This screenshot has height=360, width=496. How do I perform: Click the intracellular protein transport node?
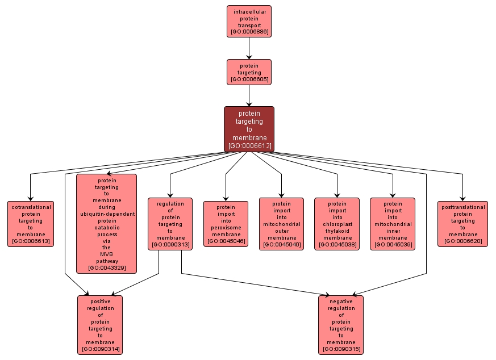pos(249,21)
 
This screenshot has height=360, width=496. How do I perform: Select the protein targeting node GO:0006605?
pos(249,72)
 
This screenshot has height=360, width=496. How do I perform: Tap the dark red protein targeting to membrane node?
pos(249,129)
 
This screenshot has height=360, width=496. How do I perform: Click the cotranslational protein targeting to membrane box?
pos(31,224)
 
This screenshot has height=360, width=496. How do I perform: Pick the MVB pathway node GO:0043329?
pos(107,224)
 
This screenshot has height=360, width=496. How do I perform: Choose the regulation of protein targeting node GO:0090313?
pos(170,224)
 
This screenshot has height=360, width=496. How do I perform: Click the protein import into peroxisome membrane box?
pos(226,224)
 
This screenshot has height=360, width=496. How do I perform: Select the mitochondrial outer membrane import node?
pos(281,224)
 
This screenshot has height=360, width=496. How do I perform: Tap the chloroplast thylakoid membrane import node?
pos(337,224)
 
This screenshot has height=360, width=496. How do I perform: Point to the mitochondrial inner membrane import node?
pos(393,224)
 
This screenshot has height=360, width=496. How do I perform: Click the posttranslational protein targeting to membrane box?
pos(462,224)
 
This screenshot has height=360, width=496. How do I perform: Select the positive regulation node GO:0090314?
pos(100,325)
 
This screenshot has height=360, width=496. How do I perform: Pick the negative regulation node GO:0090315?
pos(341,325)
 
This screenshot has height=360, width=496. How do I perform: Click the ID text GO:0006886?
pos(249,32)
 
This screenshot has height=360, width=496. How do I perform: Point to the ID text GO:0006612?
pos(249,146)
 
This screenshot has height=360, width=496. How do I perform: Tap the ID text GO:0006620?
pos(462,241)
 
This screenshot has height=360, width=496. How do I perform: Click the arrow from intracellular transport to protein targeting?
pos(249,48)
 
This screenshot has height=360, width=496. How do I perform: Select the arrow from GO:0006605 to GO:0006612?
pos(249,95)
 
